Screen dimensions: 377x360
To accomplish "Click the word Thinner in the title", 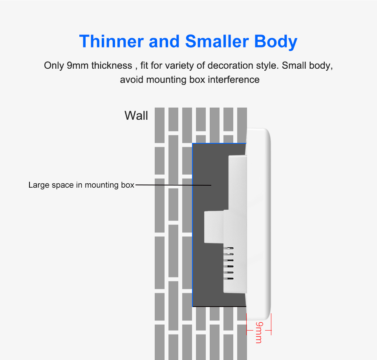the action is tap(111, 41).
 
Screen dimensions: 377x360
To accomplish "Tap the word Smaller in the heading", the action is tap(217, 41).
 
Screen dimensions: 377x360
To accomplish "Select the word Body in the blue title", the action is tap(276, 42).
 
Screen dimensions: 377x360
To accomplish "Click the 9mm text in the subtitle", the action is tap(77, 66).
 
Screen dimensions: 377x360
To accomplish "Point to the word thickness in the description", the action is tap(112, 66).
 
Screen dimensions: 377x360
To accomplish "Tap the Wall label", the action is tap(136, 115).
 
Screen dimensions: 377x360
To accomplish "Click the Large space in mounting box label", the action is tap(81, 185).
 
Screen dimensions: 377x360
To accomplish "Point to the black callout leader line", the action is tap(173, 185).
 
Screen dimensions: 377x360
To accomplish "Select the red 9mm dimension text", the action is tap(259, 333).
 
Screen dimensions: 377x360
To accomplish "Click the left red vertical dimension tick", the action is tap(247, 324).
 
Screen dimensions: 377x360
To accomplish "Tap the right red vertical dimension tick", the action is tap(271, 324).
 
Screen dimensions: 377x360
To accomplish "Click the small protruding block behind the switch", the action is tap(214, 227).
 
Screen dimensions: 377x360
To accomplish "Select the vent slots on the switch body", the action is tap(229, 263).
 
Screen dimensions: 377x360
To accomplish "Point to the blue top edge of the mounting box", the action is tap(219, 143).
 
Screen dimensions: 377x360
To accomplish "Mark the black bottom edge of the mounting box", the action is tap(219, 306).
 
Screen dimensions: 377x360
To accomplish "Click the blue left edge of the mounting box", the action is tap(192, 225).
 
